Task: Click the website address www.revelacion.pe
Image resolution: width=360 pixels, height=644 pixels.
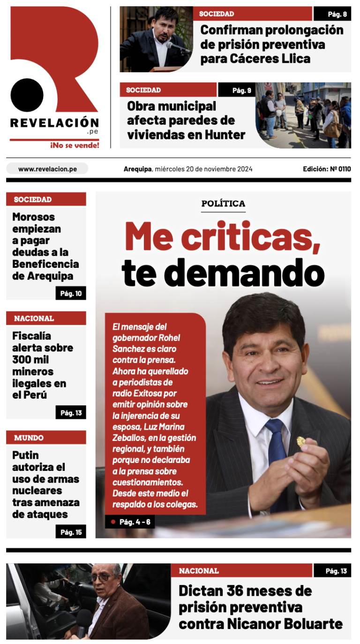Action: pyautogui.click(x=47, y=169)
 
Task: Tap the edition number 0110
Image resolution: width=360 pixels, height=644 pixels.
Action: pyautogui.click(x=343, y=169)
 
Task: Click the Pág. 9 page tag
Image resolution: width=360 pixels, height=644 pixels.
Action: pyautogui.click(x=242, y=90)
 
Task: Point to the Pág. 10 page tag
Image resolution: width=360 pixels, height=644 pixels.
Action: pyautogui.click(x=71, y=294)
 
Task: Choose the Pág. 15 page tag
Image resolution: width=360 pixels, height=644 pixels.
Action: pyautogui.click(x=71, y=532)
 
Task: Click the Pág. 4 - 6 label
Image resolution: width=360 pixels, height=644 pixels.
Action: pyautogui.click(x=135, y=522)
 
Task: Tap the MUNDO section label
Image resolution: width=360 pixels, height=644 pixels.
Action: pyautogui.click(x=29, y=438)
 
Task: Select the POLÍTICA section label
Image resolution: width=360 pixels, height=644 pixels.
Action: pyautogui.click(x=223, y=204)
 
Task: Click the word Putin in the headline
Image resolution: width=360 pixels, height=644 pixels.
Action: pyautogui.click(x=26, y=455)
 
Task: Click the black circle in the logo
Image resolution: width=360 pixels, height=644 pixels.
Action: pyautogui.click(x=27, y=95)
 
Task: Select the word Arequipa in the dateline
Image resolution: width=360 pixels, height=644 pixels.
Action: pyautogui.click(x=138, y=169)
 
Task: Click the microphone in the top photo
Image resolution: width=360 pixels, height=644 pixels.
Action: pyautogui.click(x=177, y=47)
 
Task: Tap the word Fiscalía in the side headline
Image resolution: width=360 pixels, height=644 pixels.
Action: pyautogui.click(x=31, y=336)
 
